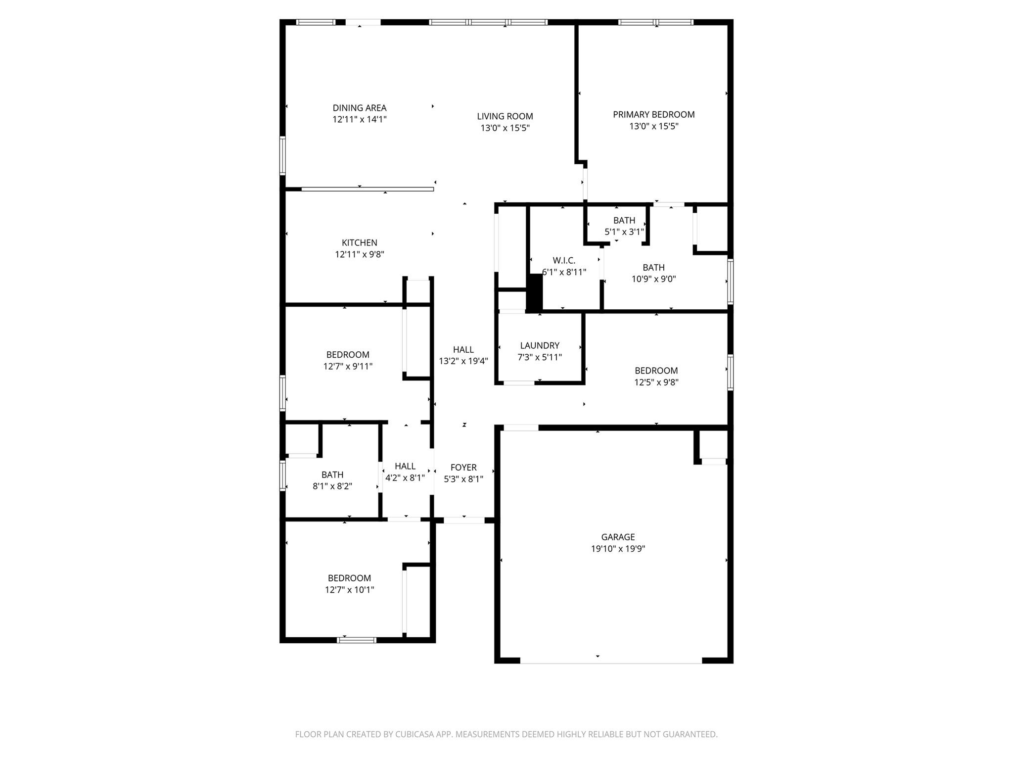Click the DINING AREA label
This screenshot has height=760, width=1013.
359,108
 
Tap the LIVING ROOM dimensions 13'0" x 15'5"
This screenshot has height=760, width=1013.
505,128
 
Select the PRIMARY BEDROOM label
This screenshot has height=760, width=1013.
653,115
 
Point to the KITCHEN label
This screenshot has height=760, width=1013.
359,243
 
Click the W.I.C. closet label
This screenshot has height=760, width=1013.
564,261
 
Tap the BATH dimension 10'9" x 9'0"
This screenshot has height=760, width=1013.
653,279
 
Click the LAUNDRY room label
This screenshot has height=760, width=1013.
540,346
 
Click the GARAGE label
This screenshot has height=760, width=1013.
618,537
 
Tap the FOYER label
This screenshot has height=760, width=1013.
463,468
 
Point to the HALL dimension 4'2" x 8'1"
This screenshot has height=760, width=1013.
405,478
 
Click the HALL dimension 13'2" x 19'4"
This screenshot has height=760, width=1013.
463,361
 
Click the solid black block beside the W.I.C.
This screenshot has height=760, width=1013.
534,292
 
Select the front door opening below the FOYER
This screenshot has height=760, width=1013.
464,520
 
